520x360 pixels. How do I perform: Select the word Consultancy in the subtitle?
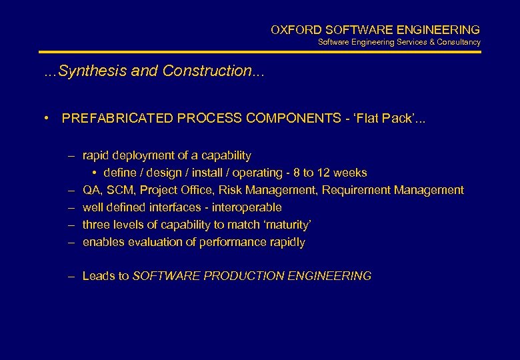459,42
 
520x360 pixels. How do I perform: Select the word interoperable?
247,207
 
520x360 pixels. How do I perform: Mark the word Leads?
98,275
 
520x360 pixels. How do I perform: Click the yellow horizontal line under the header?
260,52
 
